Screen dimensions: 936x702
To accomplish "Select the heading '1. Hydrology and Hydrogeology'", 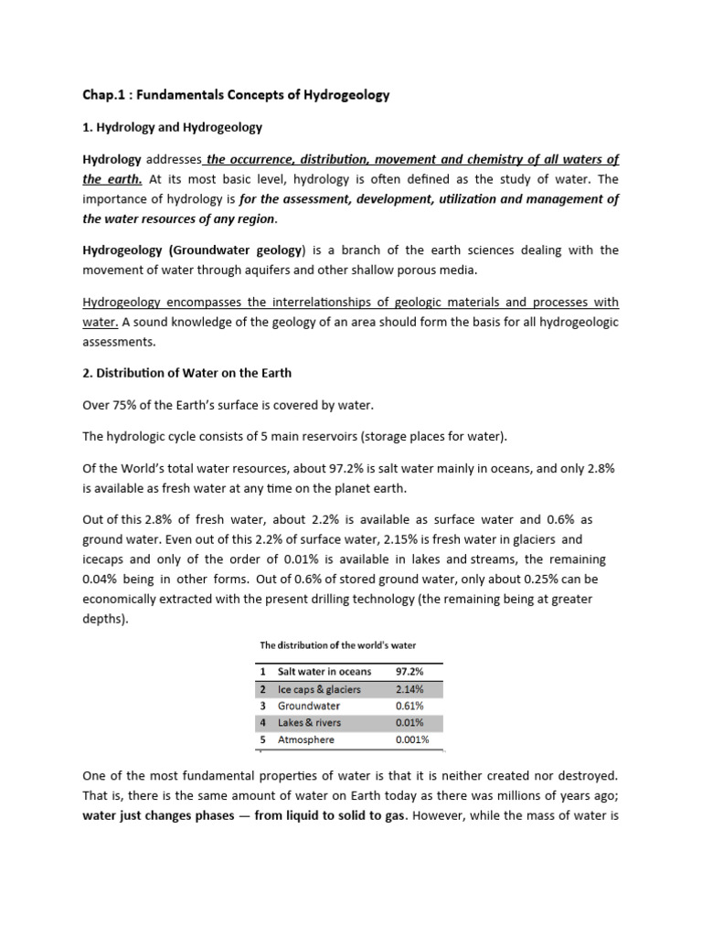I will [x=173, y=127].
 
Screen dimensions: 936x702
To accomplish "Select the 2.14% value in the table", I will [x=409, y=689].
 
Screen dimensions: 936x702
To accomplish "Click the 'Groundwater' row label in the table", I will [x=309, y=706].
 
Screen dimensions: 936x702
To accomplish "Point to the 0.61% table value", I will [x=409, y=706].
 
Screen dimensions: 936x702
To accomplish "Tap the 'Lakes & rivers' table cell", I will [x=309, y=723].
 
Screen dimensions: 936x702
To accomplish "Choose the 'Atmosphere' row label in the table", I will [x=306, y=739].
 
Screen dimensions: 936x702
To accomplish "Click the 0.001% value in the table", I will [x=412, y=739].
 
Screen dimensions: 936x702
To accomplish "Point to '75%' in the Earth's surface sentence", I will [x=125, y=404].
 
